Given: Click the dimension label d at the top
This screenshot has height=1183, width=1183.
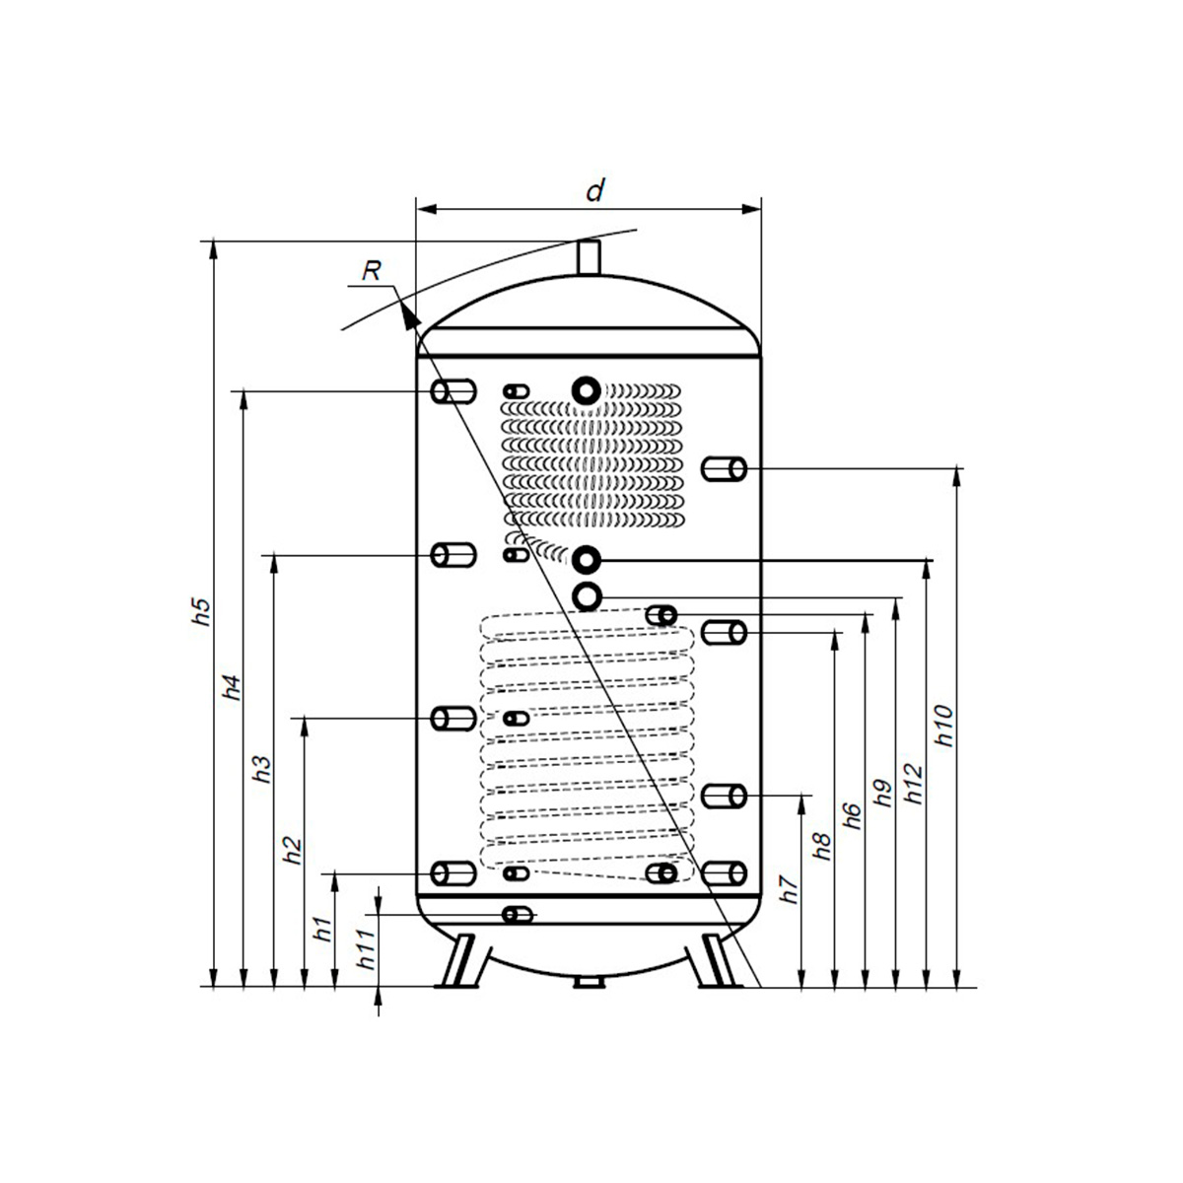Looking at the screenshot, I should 594,190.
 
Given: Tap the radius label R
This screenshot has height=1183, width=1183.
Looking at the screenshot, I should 371,270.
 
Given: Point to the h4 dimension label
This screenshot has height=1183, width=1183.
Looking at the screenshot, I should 231,686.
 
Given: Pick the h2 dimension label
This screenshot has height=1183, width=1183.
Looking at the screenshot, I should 292,850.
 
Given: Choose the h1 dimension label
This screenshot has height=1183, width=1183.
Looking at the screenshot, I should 321,928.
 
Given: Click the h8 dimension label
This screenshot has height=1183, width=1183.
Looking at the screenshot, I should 822,848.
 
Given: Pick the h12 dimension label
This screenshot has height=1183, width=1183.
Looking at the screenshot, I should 913,783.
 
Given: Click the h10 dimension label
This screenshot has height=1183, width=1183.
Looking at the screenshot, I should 943,725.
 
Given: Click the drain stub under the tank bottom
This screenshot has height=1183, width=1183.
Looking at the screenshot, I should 589,982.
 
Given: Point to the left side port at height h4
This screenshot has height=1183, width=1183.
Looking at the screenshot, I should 452,391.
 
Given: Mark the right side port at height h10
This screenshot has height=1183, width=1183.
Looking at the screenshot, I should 725,468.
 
